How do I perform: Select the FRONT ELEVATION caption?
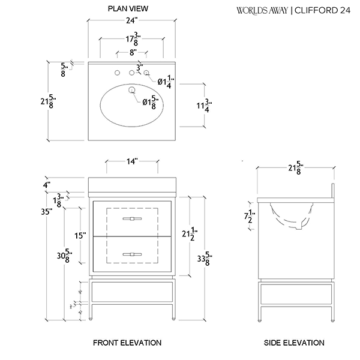(x=127, y=343)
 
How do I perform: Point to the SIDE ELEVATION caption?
(x=294, y=343)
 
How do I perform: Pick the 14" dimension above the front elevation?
(x=132, y=161)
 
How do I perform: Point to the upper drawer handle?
(x=132, y=219)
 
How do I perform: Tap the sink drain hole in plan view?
(x=131, y=90)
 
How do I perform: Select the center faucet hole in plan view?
(x=131, y=73)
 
